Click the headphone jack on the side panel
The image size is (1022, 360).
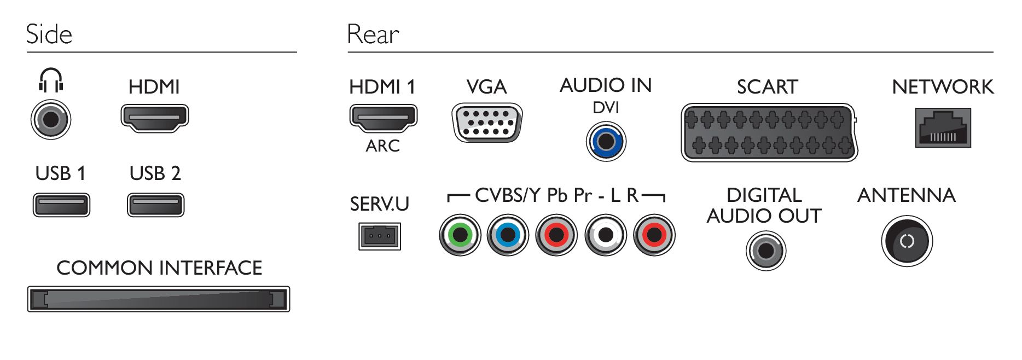tap(51, 119)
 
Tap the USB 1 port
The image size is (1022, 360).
tap(61, 205)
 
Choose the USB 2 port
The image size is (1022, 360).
tap(156, 205)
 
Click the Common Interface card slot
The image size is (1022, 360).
tap(159, 299)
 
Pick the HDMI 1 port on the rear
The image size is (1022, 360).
tap(384, 118)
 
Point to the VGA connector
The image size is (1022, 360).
tap(487, 123)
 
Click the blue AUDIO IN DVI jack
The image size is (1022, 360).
tap(606, 142)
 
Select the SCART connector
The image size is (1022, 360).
tap(769, 132)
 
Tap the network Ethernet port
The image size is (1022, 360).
tap(943, 128)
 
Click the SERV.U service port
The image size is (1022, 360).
tap(380, 236)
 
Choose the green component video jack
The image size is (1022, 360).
tap(460, 235)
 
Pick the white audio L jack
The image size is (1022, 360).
tap(606, 235)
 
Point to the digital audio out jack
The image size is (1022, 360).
tap(766, 251)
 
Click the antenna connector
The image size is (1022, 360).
tap(907, 241)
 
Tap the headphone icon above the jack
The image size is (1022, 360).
tap(51, 80)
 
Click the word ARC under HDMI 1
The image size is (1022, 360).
tap(383, 146)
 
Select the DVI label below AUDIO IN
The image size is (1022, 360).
tap(606, 108)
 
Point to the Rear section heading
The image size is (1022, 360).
tap(373, 34)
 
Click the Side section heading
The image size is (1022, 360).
tap(49, 34)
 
